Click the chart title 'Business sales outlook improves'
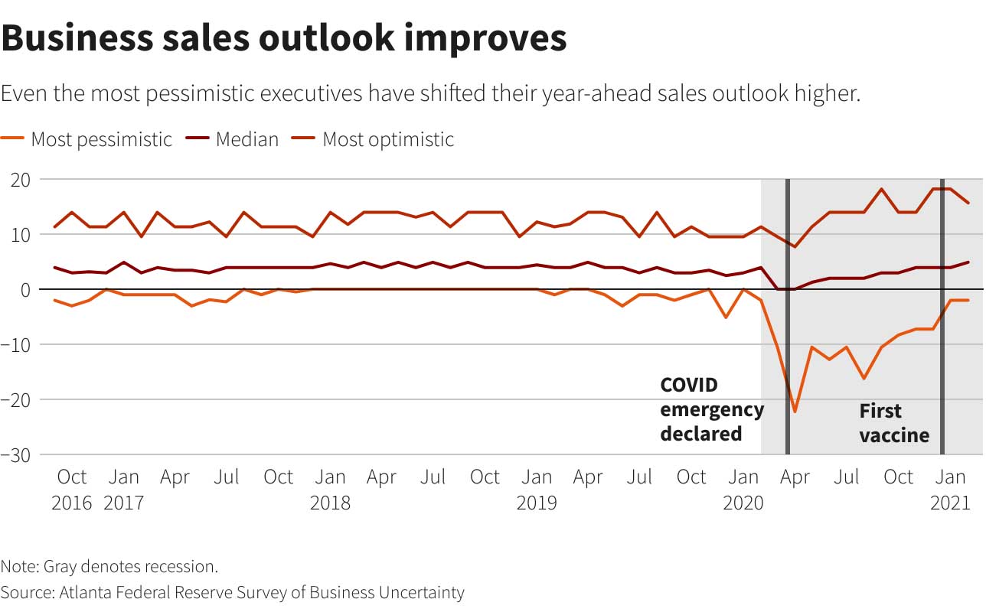tap(284, 38)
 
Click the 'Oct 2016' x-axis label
tap(72, 490)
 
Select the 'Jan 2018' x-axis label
tap(330, 490)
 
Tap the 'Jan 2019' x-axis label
tap(537, 490)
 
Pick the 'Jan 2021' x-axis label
tap(950, 490)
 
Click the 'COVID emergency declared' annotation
tap(712, 409)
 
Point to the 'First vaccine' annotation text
tap(893, 423)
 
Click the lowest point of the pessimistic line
tap(795, 412)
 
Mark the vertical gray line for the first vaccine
tap(942, 317)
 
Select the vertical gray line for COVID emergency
tap(787, 317)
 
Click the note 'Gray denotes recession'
tap(109, 567)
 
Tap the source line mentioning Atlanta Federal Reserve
tap(232, 592)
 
